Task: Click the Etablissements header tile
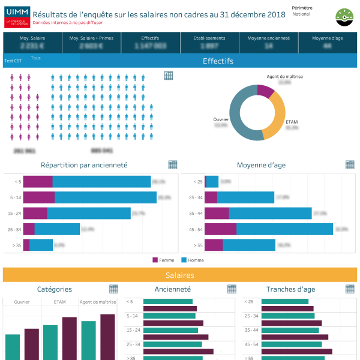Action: (209, 41)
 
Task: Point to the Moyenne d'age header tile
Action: (327, 41)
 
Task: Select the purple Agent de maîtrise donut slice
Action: (265, 91)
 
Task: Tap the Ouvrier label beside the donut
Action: (221, 119)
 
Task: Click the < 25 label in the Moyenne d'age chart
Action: (198, 182)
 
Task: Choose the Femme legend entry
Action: (163, 260)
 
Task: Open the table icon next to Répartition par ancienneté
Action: (173, 165)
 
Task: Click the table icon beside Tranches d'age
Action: (350, 289)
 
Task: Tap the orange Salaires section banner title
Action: (180, 275)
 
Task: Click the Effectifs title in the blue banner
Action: (218, 61)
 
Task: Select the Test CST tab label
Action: (13, 61)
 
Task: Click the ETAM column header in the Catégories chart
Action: (60, 302)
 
